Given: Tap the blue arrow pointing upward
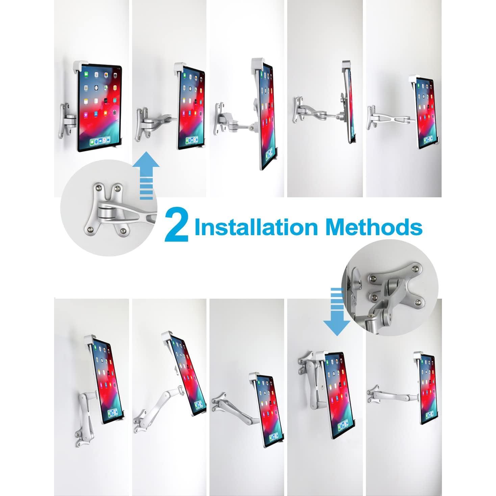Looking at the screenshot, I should pyautogui.click(x=146, y=176).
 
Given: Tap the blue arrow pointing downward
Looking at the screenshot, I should pyautogui.click(x=336, y=311).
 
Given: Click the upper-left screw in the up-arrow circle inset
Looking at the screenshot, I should pyautogui.click(x=97, y=187).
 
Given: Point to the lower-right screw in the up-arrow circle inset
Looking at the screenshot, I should pyautogui.click(x=124, y=230).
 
